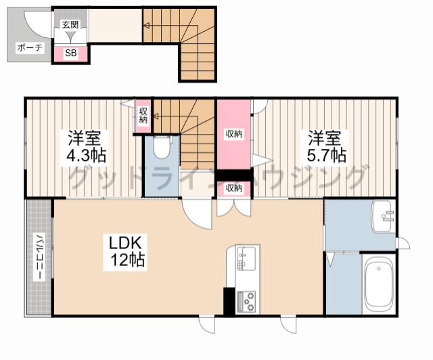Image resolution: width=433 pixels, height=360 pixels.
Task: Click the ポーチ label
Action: coord(30,48)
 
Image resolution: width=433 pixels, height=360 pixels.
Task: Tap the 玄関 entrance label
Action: coord(70,25)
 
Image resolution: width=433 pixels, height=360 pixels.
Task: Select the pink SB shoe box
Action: coord(70,53)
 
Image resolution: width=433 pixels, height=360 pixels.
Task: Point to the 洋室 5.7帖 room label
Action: coord(327,146)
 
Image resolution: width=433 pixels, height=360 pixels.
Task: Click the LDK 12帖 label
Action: coord(126,252)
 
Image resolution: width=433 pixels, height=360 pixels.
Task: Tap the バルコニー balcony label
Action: coord(39,257)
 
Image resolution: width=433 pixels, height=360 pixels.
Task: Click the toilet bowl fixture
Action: coord(161,147)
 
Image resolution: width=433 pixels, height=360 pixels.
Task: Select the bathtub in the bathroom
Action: coord(379,285)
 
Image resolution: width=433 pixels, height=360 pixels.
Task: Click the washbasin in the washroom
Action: coord(382,216)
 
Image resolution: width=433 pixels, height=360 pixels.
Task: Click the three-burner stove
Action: coord(246,302)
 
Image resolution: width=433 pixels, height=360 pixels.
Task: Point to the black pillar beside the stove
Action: coord(229,301)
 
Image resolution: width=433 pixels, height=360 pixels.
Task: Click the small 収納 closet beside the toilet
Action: coord(143,116)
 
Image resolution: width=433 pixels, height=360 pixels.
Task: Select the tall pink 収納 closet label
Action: coord(234,134)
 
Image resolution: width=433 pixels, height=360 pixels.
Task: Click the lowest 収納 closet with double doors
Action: coord(234,188)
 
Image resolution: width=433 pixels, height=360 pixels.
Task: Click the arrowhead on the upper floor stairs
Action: coord(146,26)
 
